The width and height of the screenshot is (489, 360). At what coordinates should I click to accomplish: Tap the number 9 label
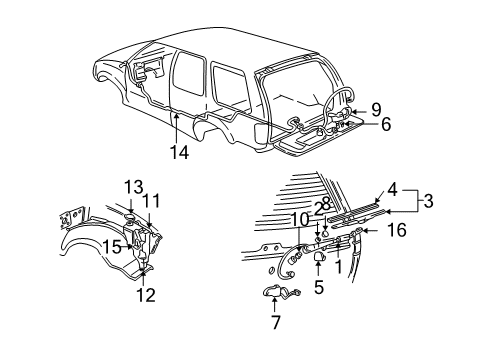click(377, 108)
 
